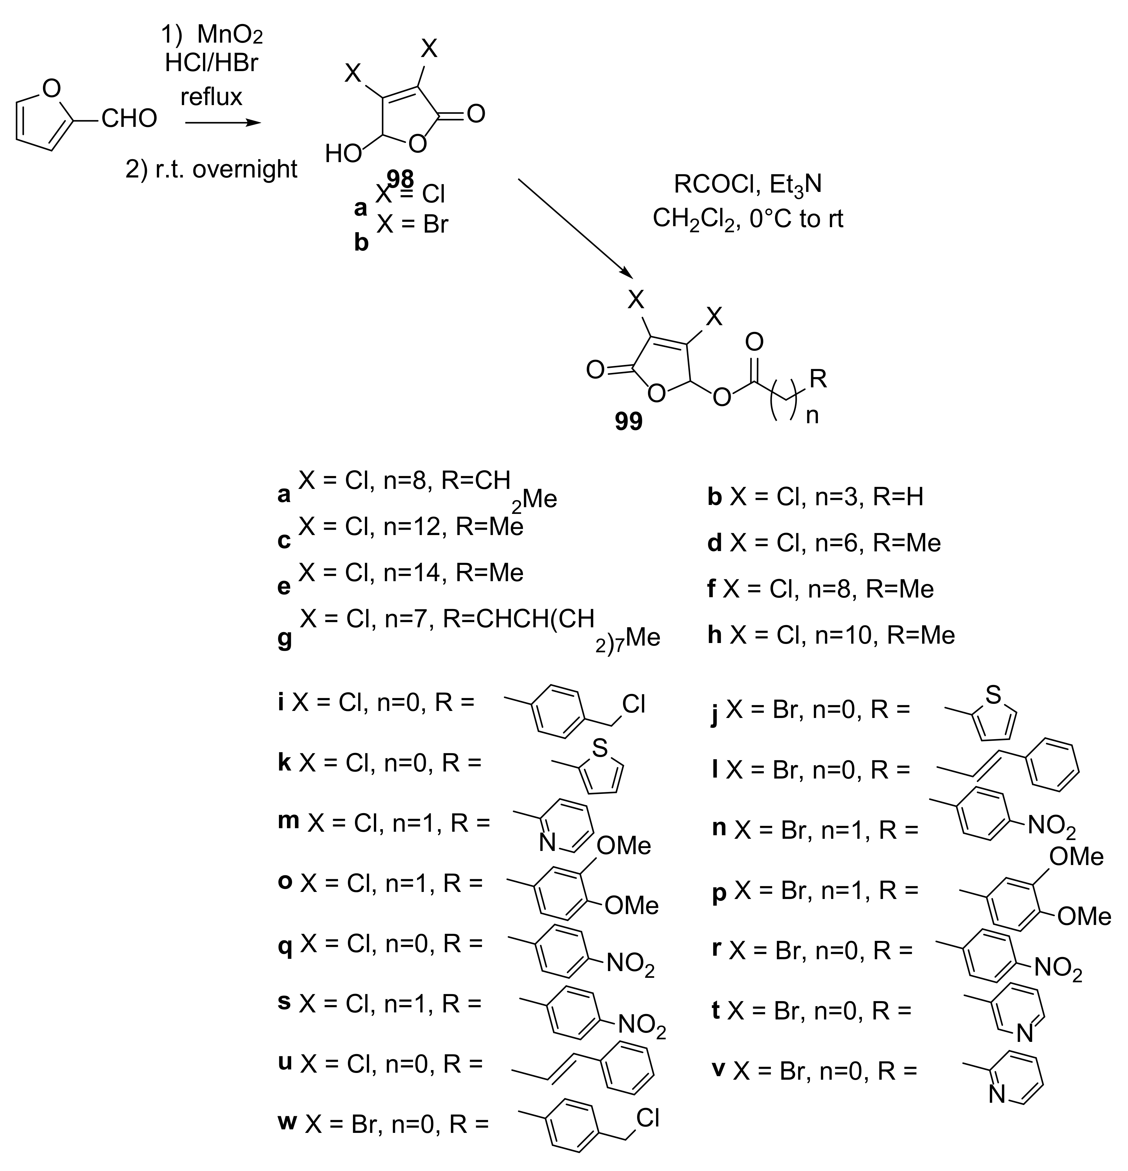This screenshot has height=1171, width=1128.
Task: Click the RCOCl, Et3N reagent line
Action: (x=747, y=185)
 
